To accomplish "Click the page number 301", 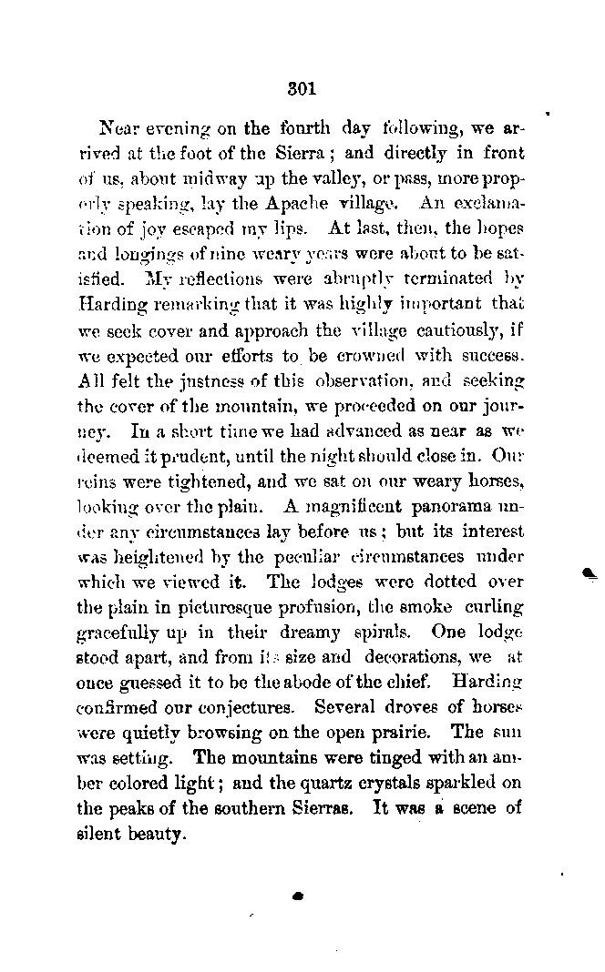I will (301, 89).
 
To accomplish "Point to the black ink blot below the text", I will (296, 896).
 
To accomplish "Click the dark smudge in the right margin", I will (588, 572).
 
